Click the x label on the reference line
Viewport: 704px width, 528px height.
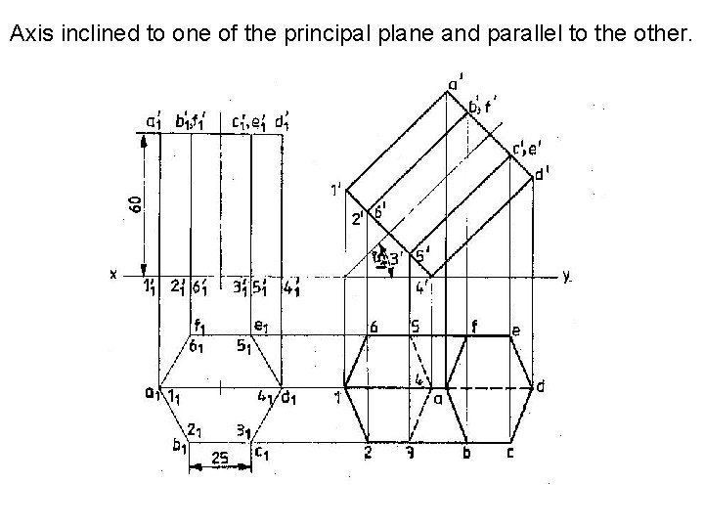coord(113,275)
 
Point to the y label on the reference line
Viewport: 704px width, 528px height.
coord(567,276)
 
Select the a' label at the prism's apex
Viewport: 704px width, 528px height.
coord(455,85)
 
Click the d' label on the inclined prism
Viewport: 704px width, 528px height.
coord(541,175)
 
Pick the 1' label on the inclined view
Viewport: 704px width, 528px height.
coord(335,190)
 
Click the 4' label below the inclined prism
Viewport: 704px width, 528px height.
coord(421,287)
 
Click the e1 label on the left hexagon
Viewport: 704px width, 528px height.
coord(260,326)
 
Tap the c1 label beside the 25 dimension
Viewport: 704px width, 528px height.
coord(262,451)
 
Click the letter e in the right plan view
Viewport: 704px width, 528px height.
coord(515,330)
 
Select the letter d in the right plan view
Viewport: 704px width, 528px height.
coord(541,387)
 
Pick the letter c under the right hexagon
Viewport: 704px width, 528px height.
coord(509,453)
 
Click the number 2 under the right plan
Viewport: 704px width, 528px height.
coord(367,453)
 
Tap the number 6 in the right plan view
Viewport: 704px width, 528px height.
coord(372,329)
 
